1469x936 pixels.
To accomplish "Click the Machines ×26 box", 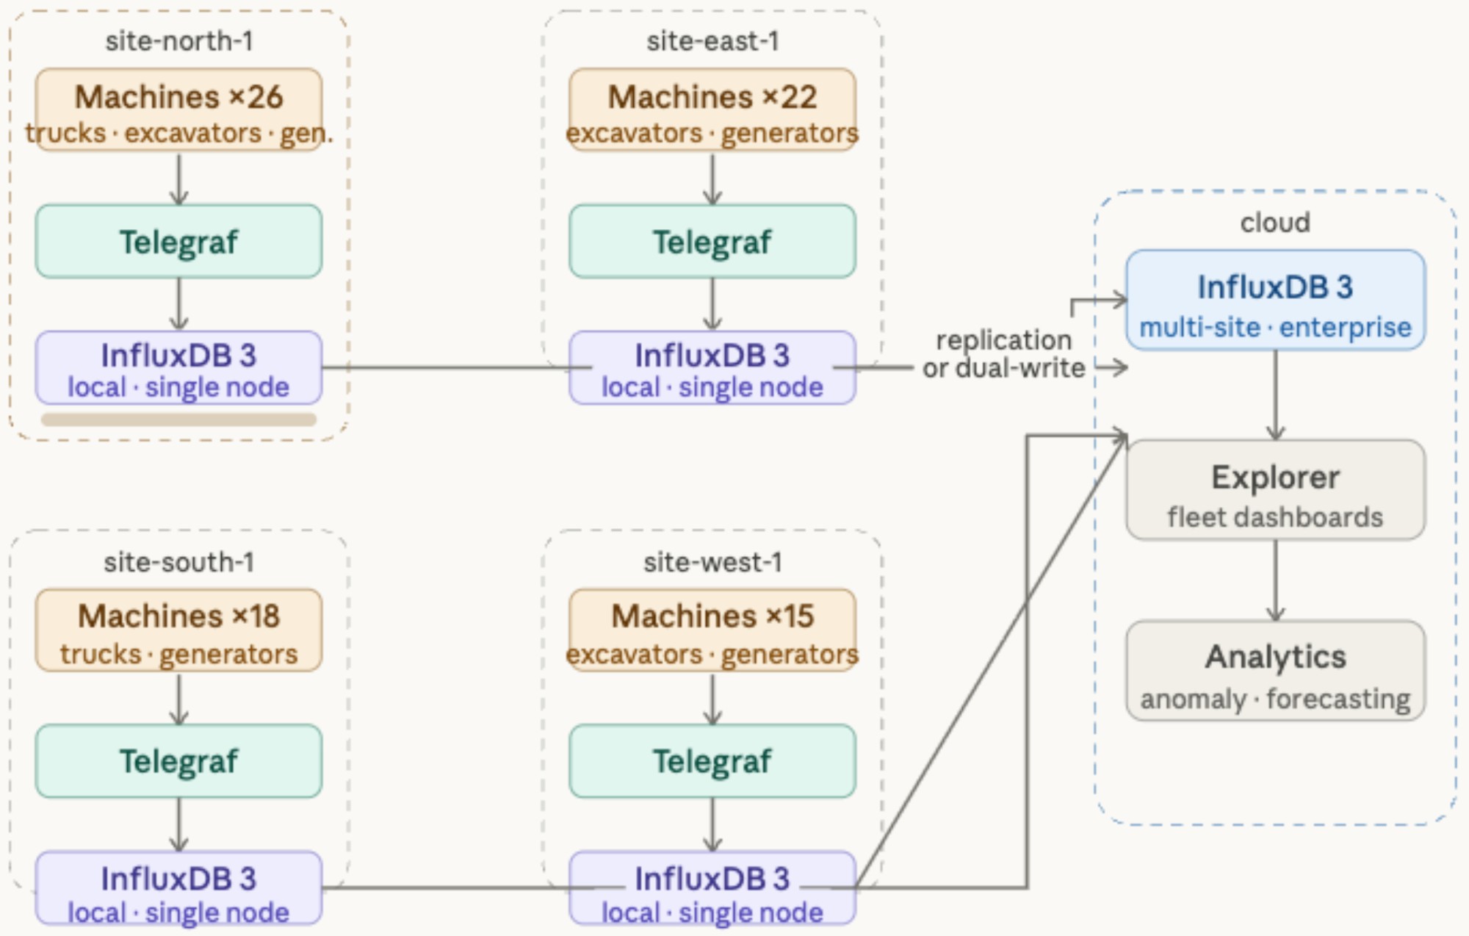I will click(x=178, y=110).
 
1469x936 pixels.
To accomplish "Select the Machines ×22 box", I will click(x=712, y=110).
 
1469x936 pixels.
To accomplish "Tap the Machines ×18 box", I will click(x=178, y=630).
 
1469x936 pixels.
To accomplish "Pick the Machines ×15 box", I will click(x=712, y=630).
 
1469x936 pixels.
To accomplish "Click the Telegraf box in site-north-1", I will click(x=178, y=242).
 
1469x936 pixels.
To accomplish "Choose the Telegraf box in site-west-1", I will click(x=712, y=761).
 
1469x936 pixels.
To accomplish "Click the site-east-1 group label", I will click(x=712, y=41).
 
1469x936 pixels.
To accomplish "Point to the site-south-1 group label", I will click(x=178, y=562).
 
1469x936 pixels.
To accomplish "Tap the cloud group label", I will click(x=1275, y=223).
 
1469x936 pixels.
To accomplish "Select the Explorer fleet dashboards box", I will click(x=1275, y=490).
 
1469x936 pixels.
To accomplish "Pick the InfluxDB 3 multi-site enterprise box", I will click(x=1275, y=300).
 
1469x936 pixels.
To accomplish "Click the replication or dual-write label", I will click(x=1003, y=354).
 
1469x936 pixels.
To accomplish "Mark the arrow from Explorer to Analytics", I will click(x=1276, y=580).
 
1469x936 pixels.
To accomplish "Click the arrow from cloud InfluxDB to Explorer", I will click(x=1276, y=395).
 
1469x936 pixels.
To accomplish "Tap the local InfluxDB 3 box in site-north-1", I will click(x=178, y=368).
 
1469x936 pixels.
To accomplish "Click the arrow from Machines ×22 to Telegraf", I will click(x=712, y=179).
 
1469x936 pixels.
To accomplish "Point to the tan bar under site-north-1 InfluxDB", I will click(x=178, y=420).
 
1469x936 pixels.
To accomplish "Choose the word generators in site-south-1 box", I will click(x=228, y=654).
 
